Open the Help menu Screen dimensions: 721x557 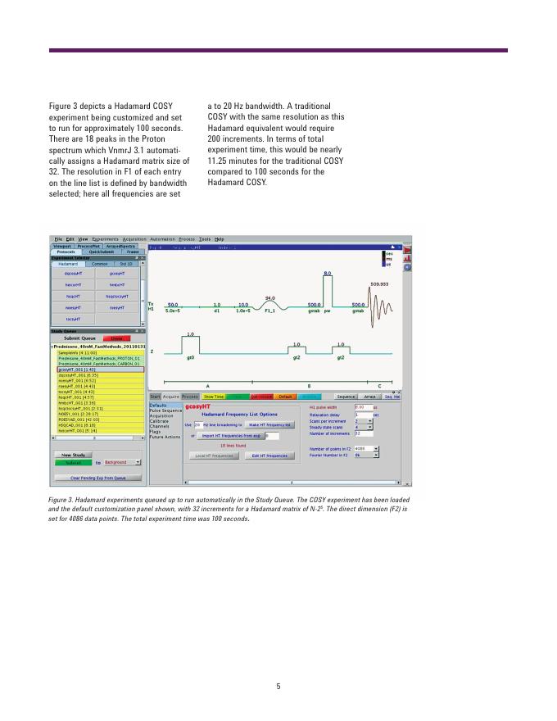pos(220,238)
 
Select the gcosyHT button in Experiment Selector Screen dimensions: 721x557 pos(115,274)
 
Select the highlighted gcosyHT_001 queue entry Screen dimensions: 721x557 pos(79,370)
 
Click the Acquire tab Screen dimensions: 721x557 pos(171,396)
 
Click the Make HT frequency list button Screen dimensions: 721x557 pos(270,425)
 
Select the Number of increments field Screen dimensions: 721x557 pos(362,433)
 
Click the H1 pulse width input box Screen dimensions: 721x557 pos(362,406)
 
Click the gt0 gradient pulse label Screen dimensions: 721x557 pos(190,357)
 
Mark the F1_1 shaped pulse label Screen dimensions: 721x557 pos(269,311)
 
